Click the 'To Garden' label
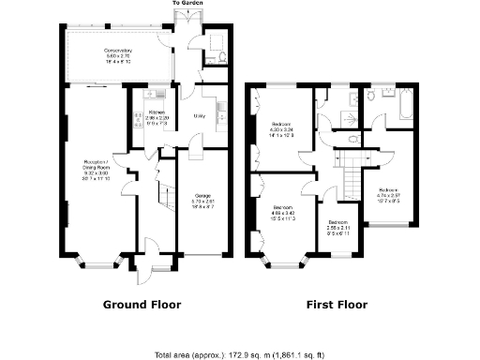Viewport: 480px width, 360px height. [187, 4]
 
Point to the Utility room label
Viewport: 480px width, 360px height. [199, 115]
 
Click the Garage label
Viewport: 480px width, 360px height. [202, 199]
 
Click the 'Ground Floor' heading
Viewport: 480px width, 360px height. [141, 305]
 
